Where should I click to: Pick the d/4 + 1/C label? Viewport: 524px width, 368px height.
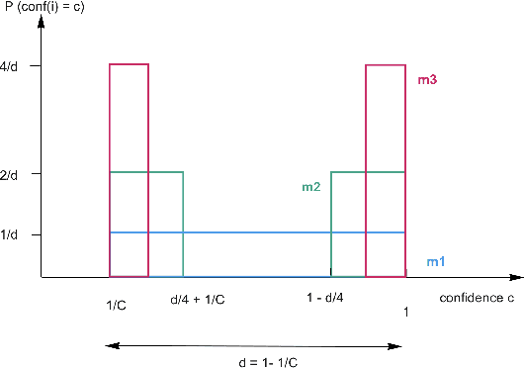pos(199,299)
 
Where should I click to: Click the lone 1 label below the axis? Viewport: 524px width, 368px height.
pos(406,312)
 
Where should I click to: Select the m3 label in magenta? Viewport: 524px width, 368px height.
pos(428,80)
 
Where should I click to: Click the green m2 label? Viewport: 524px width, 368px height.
pos(311,185)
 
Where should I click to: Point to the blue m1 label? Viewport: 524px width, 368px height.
pos(435,261)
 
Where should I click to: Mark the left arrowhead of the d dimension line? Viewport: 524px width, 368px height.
pos(110,345)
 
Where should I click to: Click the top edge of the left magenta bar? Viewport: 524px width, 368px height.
pos(130,64)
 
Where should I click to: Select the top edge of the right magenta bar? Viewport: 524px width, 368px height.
pos(386,65)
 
